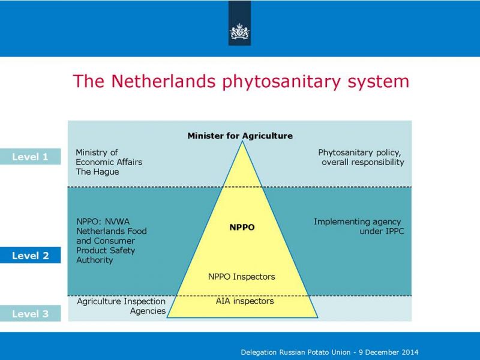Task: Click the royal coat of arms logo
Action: tap(239, 32)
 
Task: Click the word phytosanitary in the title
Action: tap(281, 82)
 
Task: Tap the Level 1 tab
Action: tap(31, 157)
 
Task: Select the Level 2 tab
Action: tap(31, 256)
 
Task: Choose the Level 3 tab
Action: tap(31, 313)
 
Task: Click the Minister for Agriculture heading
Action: tap(240, 136)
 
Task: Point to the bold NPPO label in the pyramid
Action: tap(242, 227)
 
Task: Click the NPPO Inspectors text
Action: tap(242, 277)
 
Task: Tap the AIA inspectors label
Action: tap(245, 301)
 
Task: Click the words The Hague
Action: tap(97, 172)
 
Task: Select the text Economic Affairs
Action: tap(109, 162)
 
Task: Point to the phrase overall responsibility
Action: tap(363, 162)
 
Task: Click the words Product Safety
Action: tap(106, 250)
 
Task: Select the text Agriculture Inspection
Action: tap(121, 302)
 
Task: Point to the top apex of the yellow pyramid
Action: tap(242, 141)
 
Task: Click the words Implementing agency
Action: tap(357, 221)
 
